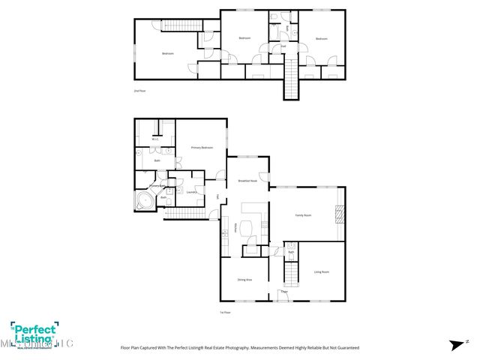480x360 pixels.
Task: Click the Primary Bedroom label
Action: [201, 148]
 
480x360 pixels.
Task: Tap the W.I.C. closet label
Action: [154, 139]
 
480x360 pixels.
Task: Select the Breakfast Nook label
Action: [247, 181]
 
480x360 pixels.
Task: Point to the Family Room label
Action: [302, 215]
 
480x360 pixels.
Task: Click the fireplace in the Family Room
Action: [340, 214]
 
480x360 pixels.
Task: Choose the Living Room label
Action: [321, 271]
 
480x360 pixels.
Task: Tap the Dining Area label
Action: [244, 280]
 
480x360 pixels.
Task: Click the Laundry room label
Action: [191, 192]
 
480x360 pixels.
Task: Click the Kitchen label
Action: [236, 228]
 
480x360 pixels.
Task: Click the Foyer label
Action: [284, 291]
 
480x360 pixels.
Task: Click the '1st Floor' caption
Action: [224, 312]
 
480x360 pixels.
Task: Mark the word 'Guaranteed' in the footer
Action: [347, 348]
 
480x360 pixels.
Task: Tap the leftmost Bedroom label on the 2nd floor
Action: [168, 53]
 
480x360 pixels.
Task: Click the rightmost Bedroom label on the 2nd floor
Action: [321, 38]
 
